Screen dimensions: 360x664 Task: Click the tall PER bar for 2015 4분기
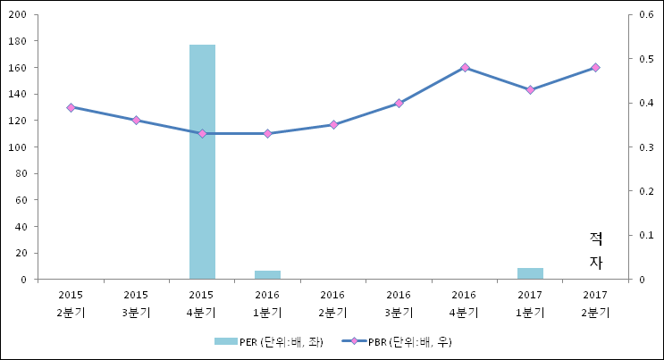click(202, 162)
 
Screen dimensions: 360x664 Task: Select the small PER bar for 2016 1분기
click(267, 274)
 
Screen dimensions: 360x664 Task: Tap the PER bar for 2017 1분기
click(530, 273)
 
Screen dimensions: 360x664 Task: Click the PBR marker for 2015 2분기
click(71, 107)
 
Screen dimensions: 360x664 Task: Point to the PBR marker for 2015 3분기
click(136, 120)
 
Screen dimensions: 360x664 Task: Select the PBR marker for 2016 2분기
click(333, 124)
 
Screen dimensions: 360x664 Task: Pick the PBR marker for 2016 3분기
click(399, 103)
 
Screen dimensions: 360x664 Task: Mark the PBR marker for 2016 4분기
click(465, 67)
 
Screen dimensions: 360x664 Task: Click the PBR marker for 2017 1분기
click(530, 89)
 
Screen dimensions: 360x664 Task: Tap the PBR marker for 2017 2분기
click(596, 67)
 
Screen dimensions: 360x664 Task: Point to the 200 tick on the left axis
click(17, 15)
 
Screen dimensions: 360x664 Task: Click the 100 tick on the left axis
click(17, 147)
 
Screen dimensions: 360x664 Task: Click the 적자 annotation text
click(596, 250)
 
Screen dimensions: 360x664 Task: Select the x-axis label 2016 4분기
click(465, 303)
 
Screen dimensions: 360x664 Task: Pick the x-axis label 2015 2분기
click(71, 303)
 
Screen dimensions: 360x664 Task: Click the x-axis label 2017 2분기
click(596, 303)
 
